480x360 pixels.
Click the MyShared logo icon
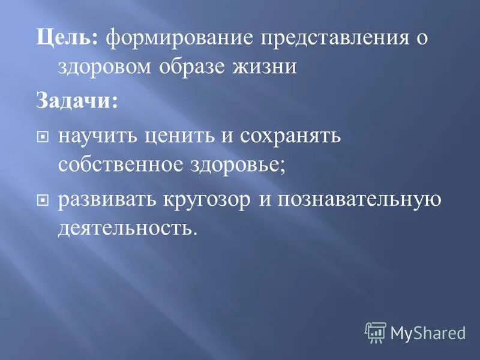point(376,332)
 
